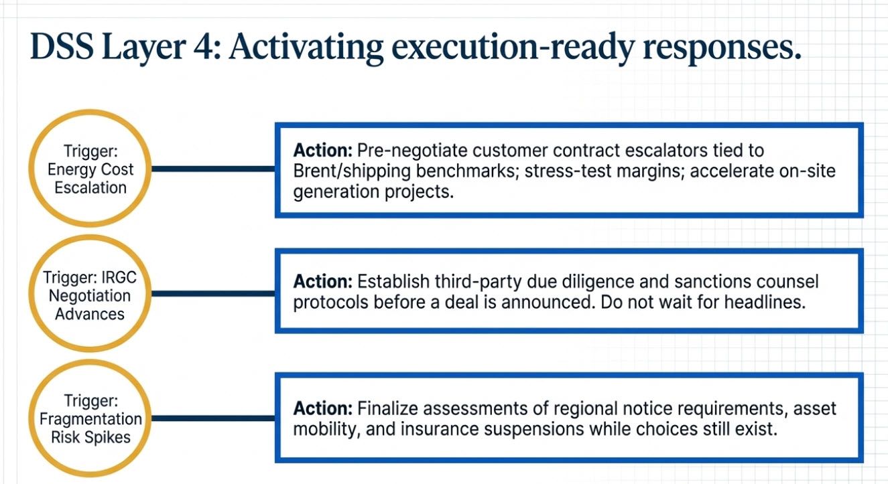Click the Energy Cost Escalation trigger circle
pos(90,169)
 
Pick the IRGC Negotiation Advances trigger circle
pos(90,295)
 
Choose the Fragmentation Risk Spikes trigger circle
pos(90,419)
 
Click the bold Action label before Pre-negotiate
pos(323,151)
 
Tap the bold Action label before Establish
pos(323,282)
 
